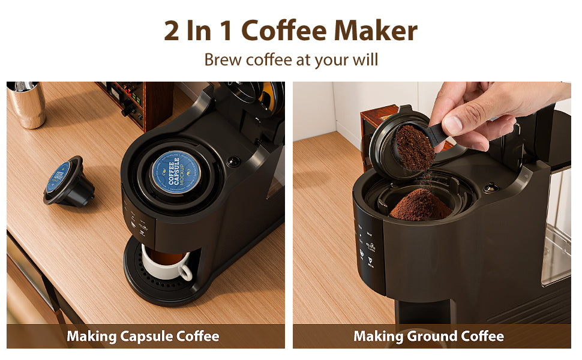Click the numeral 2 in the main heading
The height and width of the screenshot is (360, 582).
pyautogui.click(x=172, y=31)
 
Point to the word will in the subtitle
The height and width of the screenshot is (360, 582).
pyautogui.click(x=365, y=60)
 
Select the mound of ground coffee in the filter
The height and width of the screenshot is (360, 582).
pyautogui.click(x=420, y=206)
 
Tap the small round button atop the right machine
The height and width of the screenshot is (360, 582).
pyautogui.click(x=491, y=188)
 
